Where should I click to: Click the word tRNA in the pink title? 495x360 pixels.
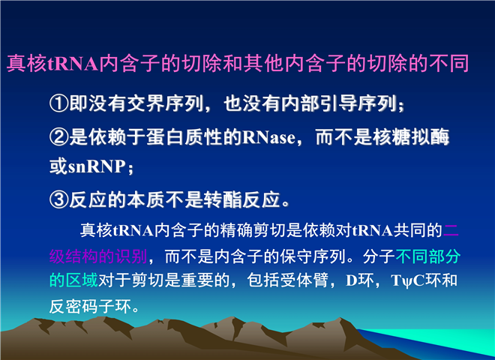pyautogui.click(x=73, y=64)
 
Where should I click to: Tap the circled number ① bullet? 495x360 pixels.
pyautogui.click(x=59, y=103)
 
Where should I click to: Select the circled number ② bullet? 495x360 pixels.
pyautogui.click(x=59, y=137)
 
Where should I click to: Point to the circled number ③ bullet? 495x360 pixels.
pyautogui.click(x=59, y=200)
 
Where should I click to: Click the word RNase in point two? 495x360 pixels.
pyautogui.click(x=269, y=138)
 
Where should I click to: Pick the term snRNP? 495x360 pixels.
pyautogui.click(x=97, y=166)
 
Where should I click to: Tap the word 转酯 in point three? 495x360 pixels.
pyautogui.click(x=223, y=200)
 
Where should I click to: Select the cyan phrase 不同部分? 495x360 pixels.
pyautogui.click(x=427, y=256)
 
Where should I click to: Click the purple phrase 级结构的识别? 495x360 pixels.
pyautogui.click(x=98, y=256)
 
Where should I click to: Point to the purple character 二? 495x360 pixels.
pyautogui.click(x=451, y=230)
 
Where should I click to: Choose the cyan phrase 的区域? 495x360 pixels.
pyautogui.click(x=73, y=280)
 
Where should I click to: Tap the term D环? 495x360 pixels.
pyautogui.click(x=360, y=280)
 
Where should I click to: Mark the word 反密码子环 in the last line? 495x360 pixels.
pyautogui.click(x=90, y=306)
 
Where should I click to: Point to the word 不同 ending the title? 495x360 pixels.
pyautogui.click(x=449, y=64)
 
